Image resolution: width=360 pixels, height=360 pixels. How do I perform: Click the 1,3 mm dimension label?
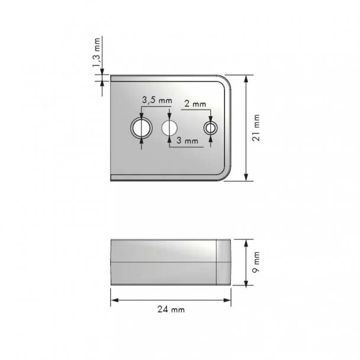(97, 53)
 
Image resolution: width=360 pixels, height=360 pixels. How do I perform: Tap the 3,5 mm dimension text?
(157, 100)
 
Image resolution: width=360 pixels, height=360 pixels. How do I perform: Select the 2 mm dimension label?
(195, 104)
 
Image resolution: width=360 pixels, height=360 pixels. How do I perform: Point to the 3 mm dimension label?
(187, 140)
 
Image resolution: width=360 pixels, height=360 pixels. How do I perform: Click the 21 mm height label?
(256, 128)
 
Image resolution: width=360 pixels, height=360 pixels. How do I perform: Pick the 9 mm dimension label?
(256, 262)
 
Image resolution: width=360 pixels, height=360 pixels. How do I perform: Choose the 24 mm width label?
(171, 310)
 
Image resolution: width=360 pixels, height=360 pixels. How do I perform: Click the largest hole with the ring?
(142, 128)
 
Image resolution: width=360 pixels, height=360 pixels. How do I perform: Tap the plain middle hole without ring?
(169, 128)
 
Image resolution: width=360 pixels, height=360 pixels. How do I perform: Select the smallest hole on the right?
(211, 128)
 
